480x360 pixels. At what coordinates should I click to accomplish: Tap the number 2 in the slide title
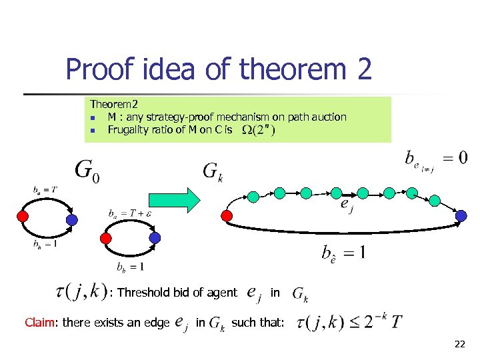tap(362, 69)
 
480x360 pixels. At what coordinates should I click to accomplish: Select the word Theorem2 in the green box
tap(114, 105)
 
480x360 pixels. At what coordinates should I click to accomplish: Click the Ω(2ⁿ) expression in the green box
tap(258, 130)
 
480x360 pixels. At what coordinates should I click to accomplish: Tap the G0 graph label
tap(89, 171)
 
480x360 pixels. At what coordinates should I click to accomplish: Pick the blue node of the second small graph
tap(155, 237)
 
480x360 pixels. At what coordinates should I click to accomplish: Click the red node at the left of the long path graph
tap(227, 216)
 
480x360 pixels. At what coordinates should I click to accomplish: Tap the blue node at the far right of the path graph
tap(461, 215)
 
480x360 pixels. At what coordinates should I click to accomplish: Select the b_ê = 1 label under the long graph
tap(343, 253)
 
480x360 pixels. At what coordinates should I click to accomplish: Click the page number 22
tap(459, 344)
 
